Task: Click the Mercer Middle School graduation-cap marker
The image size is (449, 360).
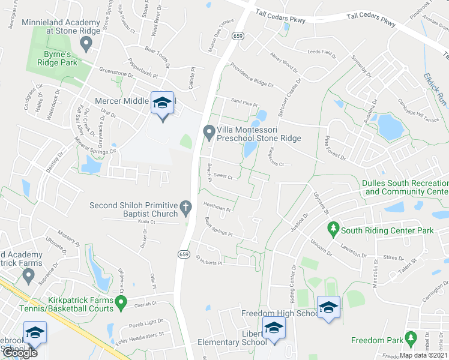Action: pos(162,104)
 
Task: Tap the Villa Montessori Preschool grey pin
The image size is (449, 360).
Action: pos(209,131)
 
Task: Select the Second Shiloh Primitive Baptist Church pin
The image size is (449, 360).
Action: pos(186,208)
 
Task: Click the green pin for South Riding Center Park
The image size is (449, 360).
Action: pos(333,229)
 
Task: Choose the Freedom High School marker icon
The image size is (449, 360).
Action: pos(328,308)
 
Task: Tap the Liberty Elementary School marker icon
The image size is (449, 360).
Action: pos(274,330)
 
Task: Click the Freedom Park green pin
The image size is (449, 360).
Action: pos(411,340)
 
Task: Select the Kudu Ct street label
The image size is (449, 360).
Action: pos(146,222)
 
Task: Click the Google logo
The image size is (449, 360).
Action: pos(20,352)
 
